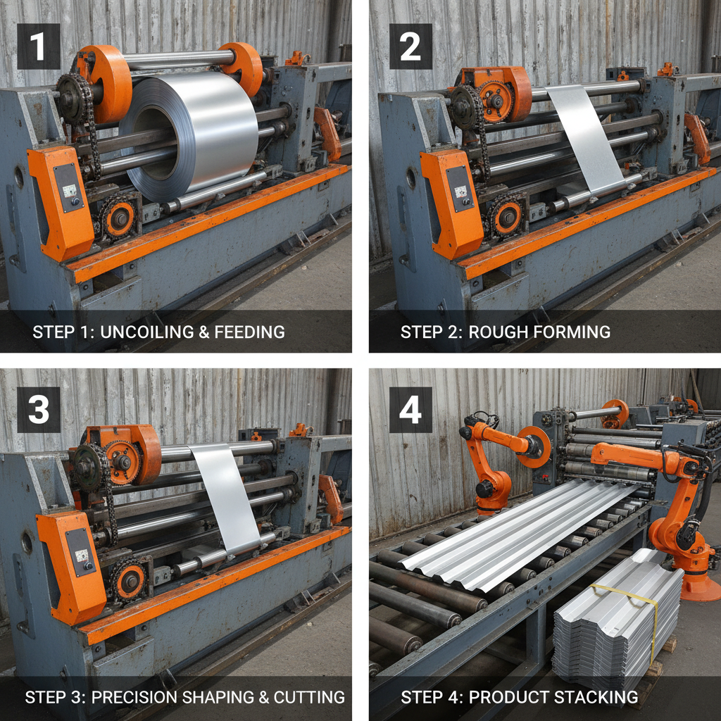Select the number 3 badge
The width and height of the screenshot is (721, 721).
pyautogui.click(x=39, y=409)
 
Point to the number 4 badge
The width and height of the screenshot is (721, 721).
pyautogui.click(x=410, y=409)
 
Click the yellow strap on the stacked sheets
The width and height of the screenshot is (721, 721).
pyautogui.click(x=637, y=606)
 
